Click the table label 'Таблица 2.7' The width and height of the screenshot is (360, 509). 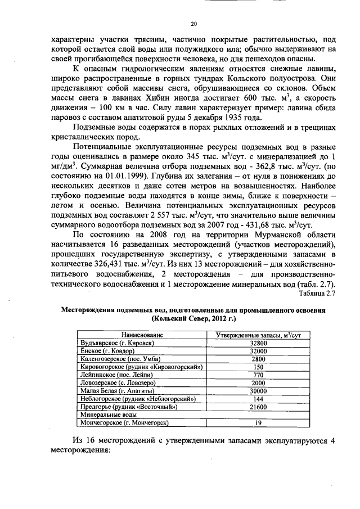point(317,293)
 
